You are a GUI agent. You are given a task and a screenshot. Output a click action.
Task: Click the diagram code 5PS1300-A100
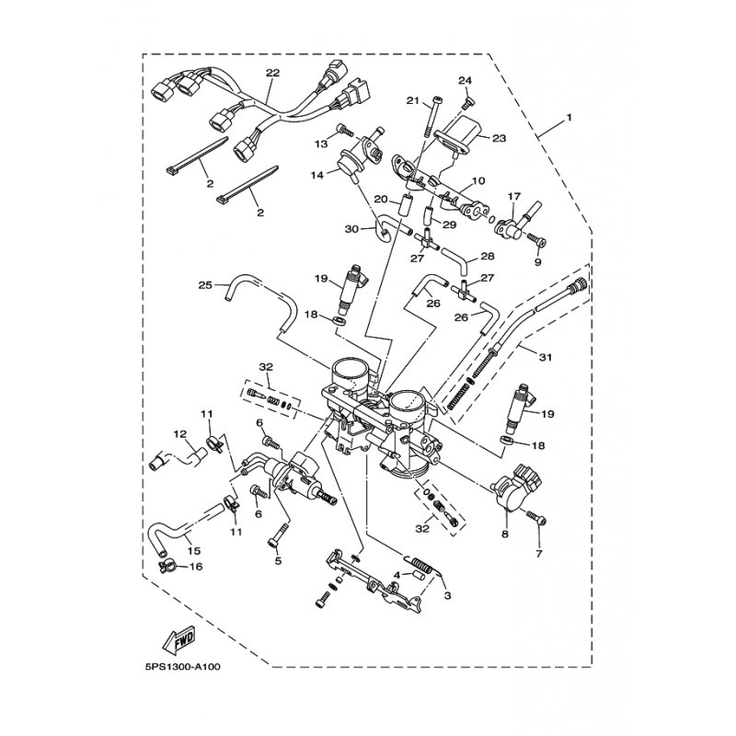point(182,666)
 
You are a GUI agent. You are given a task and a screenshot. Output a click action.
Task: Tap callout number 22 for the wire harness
point(272,73)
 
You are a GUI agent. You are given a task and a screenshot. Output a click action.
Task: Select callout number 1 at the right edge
point(569,118)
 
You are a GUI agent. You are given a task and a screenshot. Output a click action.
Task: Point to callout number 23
point(499,138)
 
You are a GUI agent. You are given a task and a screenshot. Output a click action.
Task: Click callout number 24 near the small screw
point(465,81)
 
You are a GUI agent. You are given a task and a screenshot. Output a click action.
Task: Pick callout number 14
point(317,175)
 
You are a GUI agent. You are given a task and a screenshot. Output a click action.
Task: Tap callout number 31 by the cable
point(545,358)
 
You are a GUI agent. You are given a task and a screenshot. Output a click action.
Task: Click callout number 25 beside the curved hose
point(205,285)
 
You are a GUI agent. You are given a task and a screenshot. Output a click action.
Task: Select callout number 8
point(505,535)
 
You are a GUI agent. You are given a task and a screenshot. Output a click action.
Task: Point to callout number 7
point(539,554)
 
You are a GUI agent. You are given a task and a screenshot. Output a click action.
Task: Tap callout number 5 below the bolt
point(278,560)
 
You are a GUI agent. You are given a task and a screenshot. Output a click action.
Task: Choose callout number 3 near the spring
point(447,595)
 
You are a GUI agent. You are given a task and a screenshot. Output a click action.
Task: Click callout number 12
point(181,434)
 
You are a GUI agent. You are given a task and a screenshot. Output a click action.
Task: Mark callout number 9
point(538,261)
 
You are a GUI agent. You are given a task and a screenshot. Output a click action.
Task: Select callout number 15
point(194,550)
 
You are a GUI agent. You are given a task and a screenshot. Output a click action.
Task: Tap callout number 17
point(514,195)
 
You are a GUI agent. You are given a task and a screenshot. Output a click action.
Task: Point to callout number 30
point(351,229)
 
